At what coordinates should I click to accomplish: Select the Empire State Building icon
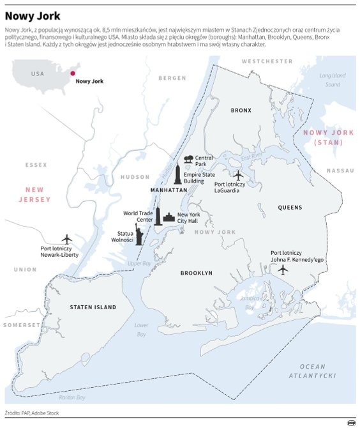(x=177, y=172)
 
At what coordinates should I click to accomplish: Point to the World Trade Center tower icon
(x=158, y=216)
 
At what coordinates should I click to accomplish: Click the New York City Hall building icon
(x=169, y=218)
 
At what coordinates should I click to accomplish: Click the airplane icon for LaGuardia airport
(x=238, y=174)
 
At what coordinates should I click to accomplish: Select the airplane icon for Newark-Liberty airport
(x=65, y=239)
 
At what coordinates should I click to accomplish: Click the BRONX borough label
(x=241, y=111)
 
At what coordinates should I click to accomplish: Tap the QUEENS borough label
(x=290, y=208)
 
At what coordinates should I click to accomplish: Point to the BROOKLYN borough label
(x=197, y=273)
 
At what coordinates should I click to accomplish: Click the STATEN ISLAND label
(x=93, y=307)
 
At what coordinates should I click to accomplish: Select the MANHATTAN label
(x=169, y=190)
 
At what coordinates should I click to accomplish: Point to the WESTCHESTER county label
(x=267, y=61)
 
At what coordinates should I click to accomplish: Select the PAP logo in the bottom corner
(x=350, y=422)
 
